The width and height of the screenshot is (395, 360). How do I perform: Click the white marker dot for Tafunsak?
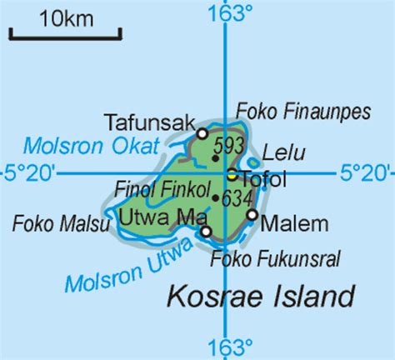point(202,133)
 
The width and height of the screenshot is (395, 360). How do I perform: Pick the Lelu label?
point(283,153)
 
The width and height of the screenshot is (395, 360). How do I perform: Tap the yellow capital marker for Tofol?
point(232,174)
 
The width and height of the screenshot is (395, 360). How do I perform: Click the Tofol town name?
point(263,177)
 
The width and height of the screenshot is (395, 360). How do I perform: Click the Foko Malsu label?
point(51,222)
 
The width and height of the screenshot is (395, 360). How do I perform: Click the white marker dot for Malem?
point(252,215)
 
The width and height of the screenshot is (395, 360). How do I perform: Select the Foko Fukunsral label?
point(276,259)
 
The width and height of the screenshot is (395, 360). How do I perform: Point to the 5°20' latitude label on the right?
point(364,173)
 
